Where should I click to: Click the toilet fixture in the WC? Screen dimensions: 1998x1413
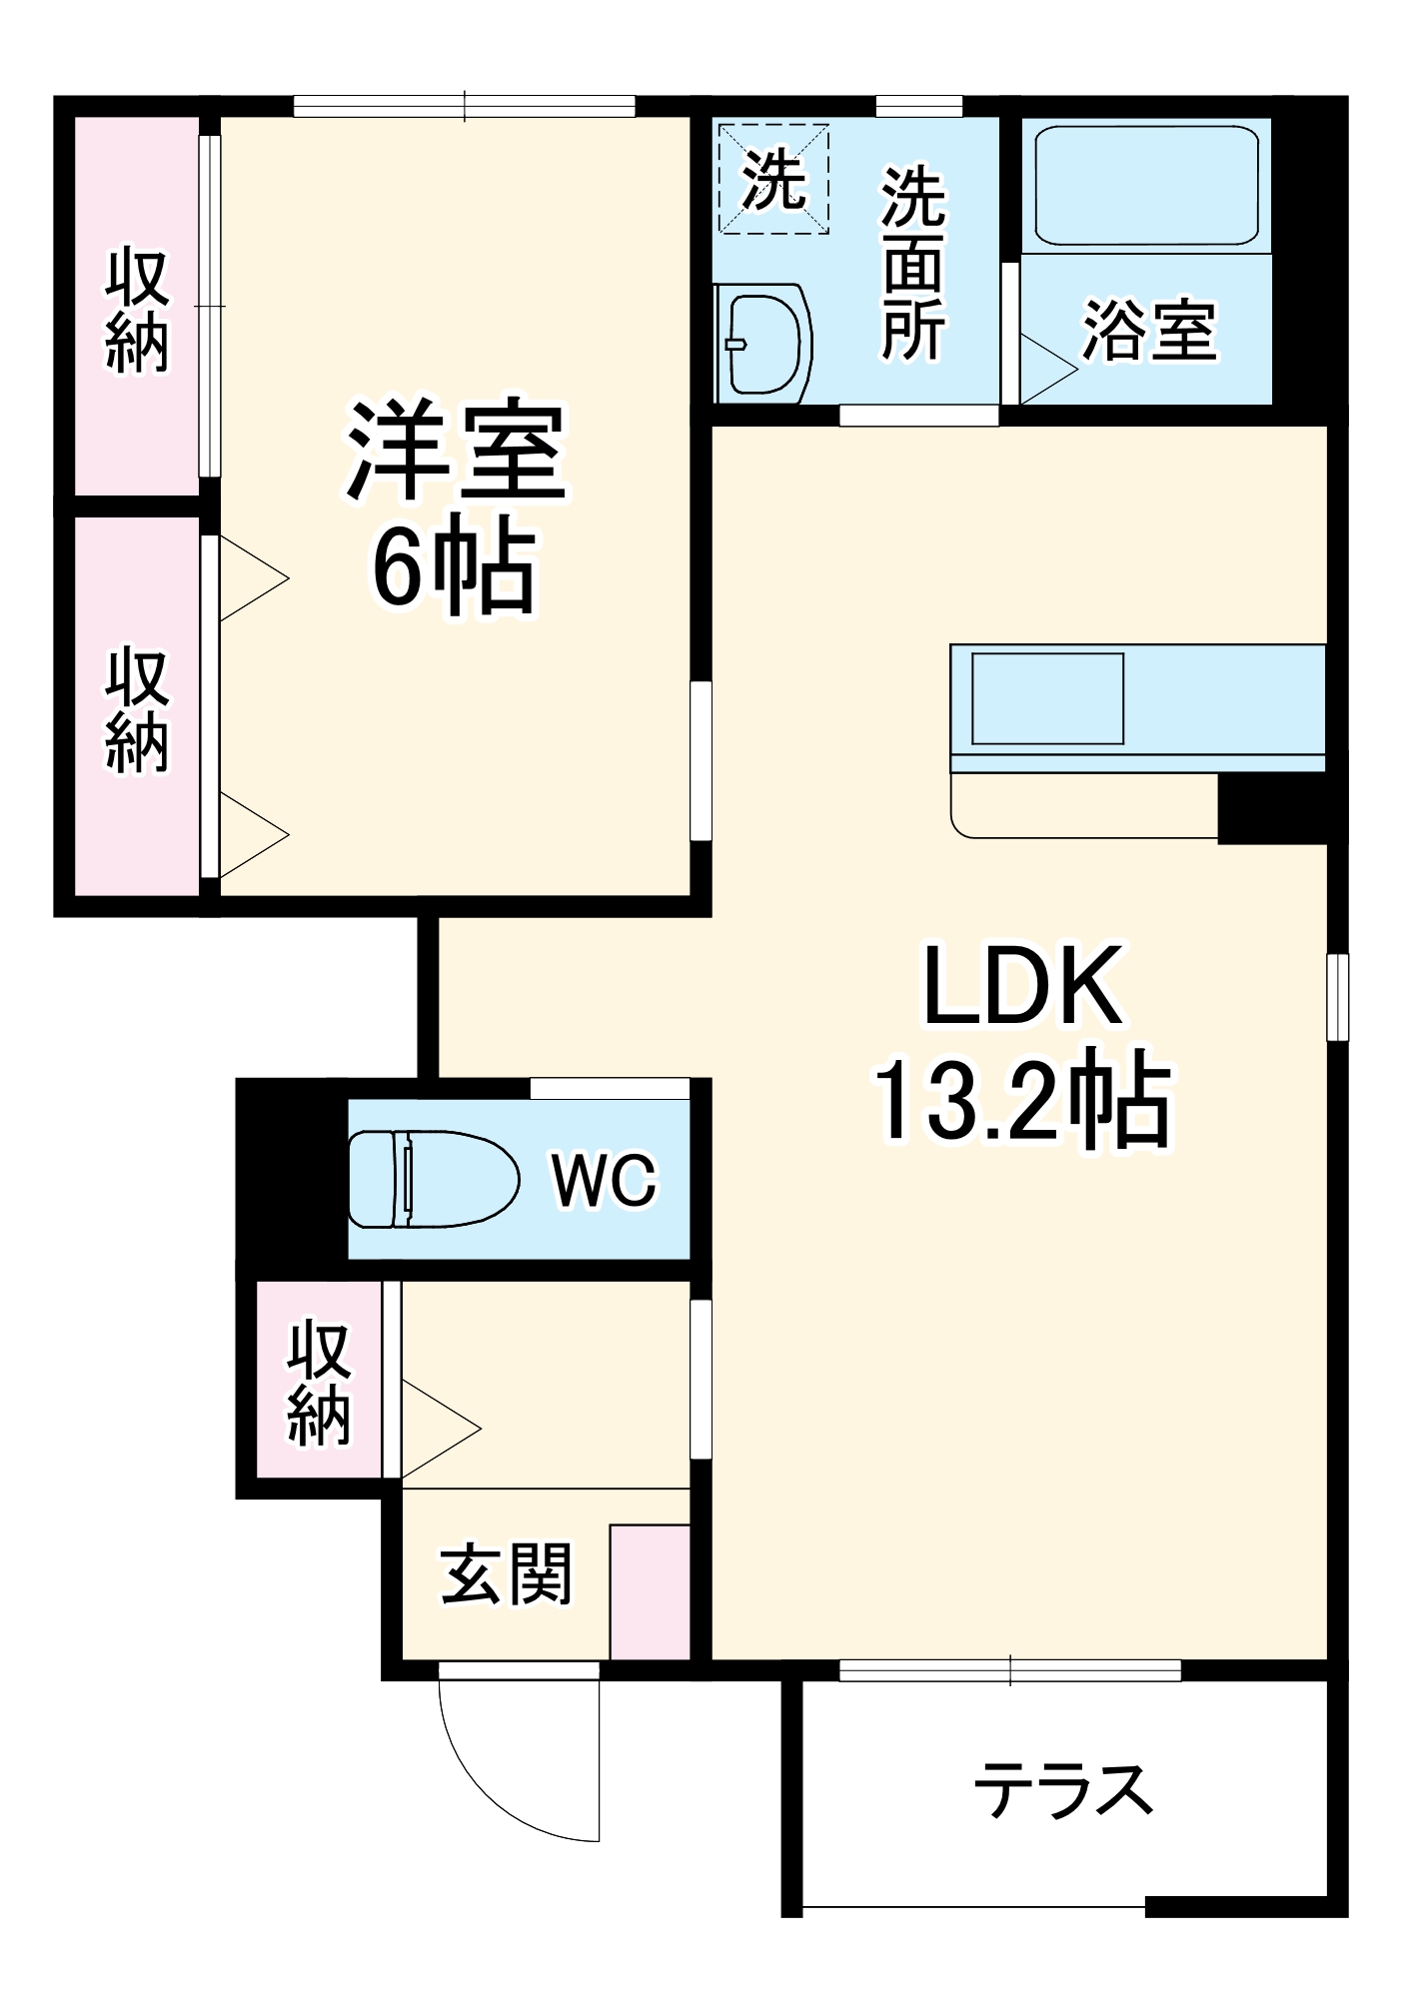pyautogui.click(x=433, y=1179)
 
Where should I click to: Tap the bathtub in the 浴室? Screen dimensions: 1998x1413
pyautogui.click(x=1145, y=186)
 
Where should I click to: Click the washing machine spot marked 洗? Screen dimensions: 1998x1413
pyautogui.click(x=773, y=180)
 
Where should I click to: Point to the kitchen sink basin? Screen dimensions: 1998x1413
pyautogui.click(x=1047, y=698)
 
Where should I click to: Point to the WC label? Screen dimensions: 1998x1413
pyautogui.click(x=604, y=1180)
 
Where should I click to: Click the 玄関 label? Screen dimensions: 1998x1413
pyautogui.click(x=506, y=1574)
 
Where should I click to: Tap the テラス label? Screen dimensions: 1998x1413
pyautogui.click(x=1063, y=1789)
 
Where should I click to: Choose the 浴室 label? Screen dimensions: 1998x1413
pyautogui.click(x=1149, y=330)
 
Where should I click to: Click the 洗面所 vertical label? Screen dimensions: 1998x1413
pyautogui.click(x=912, y=264)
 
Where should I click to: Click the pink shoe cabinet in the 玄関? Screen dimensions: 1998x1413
pyautogui.click(x=650, y=1591)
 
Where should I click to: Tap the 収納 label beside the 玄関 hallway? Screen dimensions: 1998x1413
pyautogui.click(x=319, y=1383)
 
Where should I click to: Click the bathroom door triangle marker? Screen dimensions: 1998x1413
pyautogui.click(x=1044, y=369)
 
